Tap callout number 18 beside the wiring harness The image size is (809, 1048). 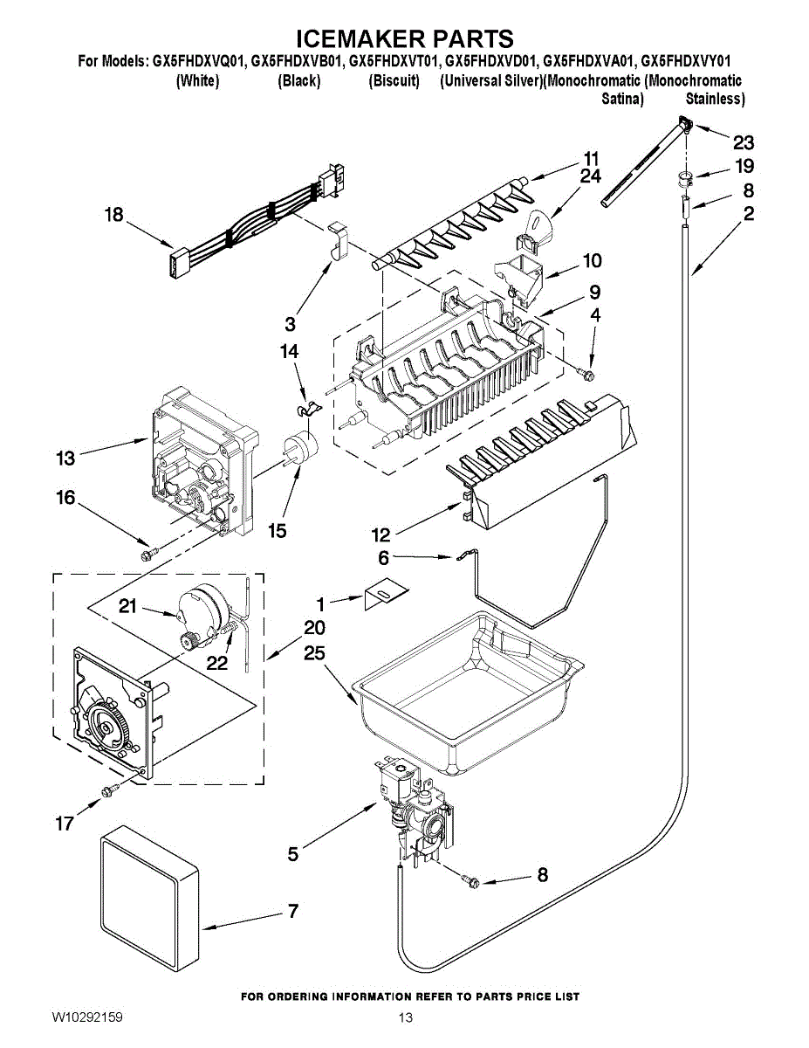click(114, 215)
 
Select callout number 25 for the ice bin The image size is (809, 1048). click(314, 653)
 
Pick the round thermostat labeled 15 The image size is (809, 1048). click(302, 449)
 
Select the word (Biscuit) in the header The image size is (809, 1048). click(394, 80)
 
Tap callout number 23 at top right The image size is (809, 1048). click(744, 142)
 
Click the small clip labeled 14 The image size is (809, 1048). click(306, 409)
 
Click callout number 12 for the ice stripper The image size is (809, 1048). click(381, 534)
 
